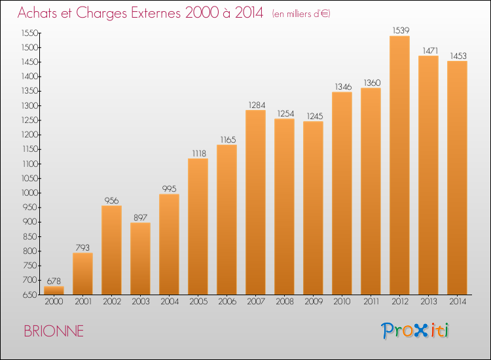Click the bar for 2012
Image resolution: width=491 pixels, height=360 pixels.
tap(399, 166)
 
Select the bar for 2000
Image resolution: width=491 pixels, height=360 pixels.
tap(54, 291)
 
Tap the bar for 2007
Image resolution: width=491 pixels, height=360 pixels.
tap(255, 202)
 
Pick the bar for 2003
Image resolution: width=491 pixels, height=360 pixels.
tap(140, 259)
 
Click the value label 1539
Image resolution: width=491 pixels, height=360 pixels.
tap(401, 30)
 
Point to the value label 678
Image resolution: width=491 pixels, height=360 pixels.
tap(54, 281)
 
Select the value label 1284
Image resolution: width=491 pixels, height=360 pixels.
tap(257, 105)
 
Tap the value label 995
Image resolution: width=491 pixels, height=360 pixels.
tap(169, 189)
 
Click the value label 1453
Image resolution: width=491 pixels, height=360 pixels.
tap(458, 56)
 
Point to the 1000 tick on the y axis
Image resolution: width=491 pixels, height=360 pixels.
tap(29, 193)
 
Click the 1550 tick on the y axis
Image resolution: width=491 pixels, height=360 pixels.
tap(29, 33)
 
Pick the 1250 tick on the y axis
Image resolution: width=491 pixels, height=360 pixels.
tap(29, 120)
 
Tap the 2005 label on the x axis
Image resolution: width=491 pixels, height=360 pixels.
tap(198, 302)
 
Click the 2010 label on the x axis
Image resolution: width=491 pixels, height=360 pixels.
tap(342, 302)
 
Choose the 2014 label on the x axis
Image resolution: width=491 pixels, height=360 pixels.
tap(458, 302)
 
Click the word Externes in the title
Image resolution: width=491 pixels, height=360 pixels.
tap(156, 13)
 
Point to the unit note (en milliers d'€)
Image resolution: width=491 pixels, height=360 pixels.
tap(301, 14)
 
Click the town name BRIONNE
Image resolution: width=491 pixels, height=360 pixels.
tap(54, 331)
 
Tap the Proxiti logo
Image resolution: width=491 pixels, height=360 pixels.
tap(415, 331)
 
